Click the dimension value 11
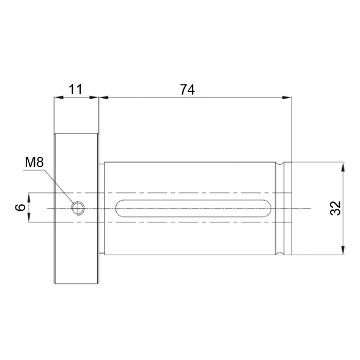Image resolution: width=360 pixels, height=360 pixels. point(76,89)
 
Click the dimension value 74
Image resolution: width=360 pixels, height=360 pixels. point(187,89)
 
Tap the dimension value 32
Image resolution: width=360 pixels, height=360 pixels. point(335,208)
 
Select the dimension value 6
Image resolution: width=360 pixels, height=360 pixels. point(20,207)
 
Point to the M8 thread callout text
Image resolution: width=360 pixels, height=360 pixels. point(34,163)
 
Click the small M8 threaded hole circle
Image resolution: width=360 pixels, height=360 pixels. point(78,208)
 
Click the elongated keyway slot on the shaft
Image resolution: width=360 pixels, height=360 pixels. point(193,208)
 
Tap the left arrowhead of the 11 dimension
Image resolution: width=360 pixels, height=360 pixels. point(59,97)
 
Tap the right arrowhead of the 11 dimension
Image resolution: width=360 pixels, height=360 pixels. point(94,97)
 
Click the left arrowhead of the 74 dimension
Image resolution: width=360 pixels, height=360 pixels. point(104,97)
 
